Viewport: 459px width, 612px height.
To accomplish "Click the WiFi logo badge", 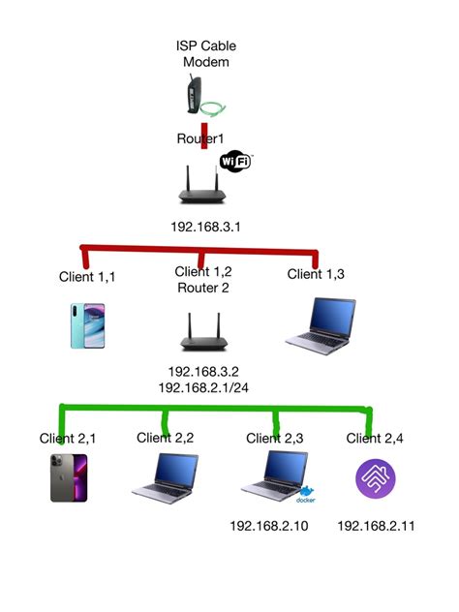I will coord(235,161).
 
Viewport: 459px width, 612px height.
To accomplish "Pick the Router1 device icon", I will coord(205,183).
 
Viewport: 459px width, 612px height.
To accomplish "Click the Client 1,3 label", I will coord(317,274).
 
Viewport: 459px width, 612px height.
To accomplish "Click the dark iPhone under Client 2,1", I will coord(69,477).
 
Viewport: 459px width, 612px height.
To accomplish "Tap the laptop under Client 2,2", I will coord(165,476).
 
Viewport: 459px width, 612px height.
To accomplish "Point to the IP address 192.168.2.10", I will coord(269,526).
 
